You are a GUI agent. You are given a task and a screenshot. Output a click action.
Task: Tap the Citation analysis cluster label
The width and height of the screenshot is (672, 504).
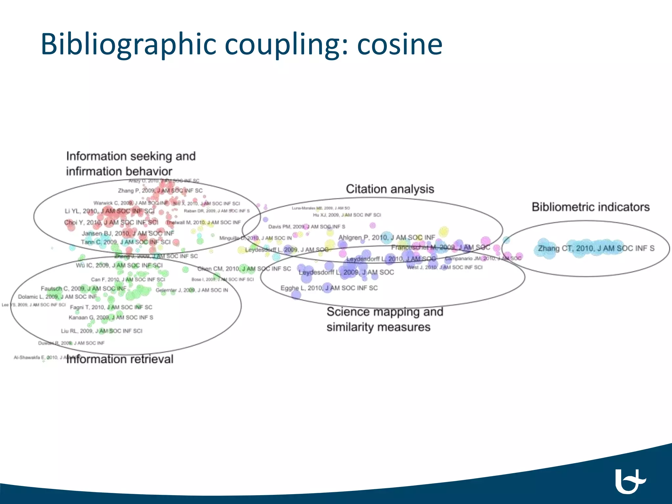point(390,189)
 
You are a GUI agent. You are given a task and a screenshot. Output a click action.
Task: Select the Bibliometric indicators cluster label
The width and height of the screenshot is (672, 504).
point(591,207)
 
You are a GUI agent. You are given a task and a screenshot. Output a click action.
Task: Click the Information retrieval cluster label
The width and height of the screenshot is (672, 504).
point(120,359)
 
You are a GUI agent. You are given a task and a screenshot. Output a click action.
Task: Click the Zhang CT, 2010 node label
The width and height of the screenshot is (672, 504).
point(596,248)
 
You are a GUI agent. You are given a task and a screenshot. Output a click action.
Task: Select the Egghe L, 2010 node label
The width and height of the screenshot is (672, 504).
point(329,288)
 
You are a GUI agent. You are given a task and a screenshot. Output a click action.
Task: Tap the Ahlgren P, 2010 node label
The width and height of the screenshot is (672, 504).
point(387,237)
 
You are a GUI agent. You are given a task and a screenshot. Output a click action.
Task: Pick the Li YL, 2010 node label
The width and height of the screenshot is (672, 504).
point(109,211)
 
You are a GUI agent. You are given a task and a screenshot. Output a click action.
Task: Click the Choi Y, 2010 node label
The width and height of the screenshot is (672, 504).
point(111,222)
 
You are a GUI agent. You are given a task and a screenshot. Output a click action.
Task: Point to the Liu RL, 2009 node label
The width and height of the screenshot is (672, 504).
point(102,331)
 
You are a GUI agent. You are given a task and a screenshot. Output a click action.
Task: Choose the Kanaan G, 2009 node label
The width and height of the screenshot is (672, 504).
point(111,317)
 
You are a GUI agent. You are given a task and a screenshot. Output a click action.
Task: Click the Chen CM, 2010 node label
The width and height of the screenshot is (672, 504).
point(244,269)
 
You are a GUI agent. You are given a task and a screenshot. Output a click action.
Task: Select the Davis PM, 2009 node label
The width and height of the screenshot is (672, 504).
point(306,227)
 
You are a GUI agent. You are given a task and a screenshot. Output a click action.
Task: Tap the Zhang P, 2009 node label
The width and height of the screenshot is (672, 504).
point(160,191)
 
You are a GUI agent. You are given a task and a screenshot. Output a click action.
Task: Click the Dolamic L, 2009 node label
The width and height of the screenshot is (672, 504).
point(57,297)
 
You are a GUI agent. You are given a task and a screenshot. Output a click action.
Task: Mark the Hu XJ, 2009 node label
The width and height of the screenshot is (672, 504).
point(346,215)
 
